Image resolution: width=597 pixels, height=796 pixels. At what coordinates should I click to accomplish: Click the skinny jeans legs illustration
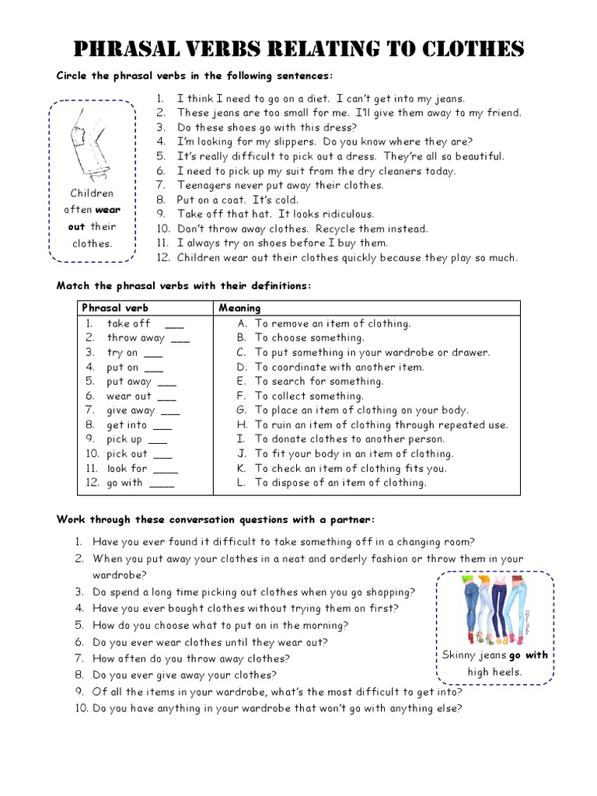pyautogui.click(x=494, y=611)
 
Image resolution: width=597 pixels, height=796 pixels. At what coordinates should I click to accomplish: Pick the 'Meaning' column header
pyautogui.click(x=239, y=308)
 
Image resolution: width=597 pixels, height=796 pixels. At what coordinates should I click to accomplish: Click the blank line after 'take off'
pyautogui.click(x=175, y=324)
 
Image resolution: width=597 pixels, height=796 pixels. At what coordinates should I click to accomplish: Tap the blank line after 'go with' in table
pyautogui.click(x=162, y=484)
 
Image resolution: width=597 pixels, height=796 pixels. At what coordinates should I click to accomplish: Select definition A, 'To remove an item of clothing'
pyautogui.click(x=333, y=323)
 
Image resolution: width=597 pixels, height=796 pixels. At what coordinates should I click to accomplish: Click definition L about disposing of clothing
pyautogui.click(x=340, y=483)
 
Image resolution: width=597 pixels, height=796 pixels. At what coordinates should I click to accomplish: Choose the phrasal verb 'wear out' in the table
pyautogui.click(x=129, y=396)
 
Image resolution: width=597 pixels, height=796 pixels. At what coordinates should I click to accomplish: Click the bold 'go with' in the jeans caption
pyautogui.click(x=529, y=655)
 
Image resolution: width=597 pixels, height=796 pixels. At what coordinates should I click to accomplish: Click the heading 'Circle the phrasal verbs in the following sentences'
pyautogui.click(x=194, y=75)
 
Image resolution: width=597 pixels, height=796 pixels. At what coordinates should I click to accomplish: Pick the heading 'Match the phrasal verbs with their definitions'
pyautogui.click(x=183, y=286)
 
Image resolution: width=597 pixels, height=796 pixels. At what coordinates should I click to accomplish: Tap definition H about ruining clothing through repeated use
pyautogui.click(x=381, y=425)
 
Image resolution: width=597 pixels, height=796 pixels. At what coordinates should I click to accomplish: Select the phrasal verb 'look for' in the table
pyautogui.click(x=127, y=469)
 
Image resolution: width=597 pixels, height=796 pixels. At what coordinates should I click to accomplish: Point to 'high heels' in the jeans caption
pyautogui.click(x=494, y=672)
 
